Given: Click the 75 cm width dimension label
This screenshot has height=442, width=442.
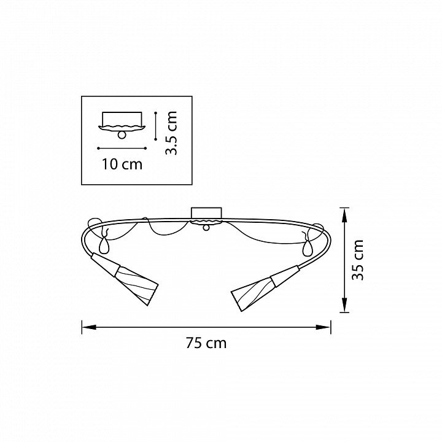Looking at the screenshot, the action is pos(206,343).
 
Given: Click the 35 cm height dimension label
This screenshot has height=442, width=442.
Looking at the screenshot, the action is pos(358,260).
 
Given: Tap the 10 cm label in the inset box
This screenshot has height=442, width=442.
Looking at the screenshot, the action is pos(122,165).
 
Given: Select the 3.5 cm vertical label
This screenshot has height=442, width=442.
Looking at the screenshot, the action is pos(171,133).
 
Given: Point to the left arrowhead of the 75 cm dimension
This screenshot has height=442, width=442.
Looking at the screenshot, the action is pos(89,327).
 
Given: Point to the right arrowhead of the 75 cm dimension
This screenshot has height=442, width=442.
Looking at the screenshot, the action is pos(324,327).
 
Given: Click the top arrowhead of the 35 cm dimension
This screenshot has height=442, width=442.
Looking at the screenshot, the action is pos(344,215).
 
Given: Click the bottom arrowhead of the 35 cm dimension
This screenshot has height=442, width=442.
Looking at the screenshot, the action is pos(344,305).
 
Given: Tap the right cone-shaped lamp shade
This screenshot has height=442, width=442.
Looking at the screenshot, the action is pos(252,293).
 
